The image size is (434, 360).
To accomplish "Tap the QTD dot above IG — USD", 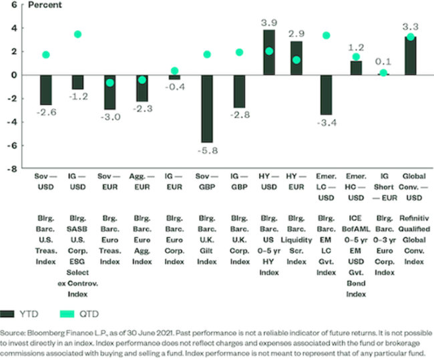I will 77,34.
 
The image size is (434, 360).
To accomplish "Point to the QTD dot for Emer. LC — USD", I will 327,35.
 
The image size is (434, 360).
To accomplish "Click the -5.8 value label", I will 207,151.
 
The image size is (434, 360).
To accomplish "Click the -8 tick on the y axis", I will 12,169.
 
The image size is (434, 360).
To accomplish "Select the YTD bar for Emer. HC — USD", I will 355,67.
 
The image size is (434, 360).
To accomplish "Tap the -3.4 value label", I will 327,123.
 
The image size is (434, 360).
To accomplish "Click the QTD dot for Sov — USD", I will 45,55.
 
